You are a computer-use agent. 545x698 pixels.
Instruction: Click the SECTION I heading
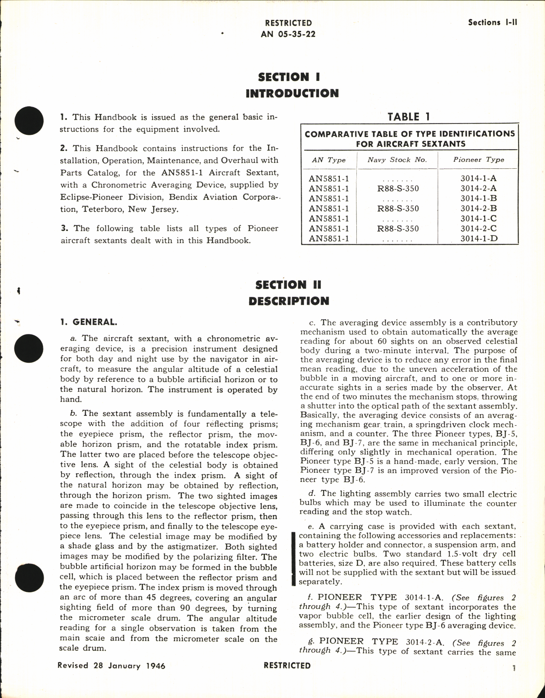(289, 77)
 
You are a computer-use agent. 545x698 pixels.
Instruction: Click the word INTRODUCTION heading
(292, 94)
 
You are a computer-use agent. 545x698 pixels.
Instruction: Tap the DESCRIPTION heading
(289, 301)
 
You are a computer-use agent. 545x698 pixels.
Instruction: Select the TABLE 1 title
(409, 117)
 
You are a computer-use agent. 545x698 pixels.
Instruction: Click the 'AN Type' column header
(329, 160)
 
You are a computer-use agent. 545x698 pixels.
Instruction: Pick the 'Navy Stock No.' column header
(397, 160)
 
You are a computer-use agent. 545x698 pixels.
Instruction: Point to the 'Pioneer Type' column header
(479, 160)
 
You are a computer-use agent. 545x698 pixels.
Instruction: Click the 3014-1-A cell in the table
(479, 178)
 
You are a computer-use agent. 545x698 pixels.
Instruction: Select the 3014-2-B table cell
(479, 208)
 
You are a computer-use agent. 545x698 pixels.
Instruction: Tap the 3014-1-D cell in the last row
(479, 239)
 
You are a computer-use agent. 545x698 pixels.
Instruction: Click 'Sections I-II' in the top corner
(492, 23)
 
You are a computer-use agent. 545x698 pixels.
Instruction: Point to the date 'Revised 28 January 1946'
(111, 666)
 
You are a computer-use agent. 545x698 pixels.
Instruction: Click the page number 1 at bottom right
(514, 668)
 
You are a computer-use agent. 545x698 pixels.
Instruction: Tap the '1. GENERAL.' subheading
(89, 322)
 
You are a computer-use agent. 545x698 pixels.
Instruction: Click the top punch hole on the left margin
(29, 120)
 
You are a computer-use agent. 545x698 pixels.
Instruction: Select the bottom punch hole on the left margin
(29, 578)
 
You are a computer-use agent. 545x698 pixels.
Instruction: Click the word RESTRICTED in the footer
(287, 665)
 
